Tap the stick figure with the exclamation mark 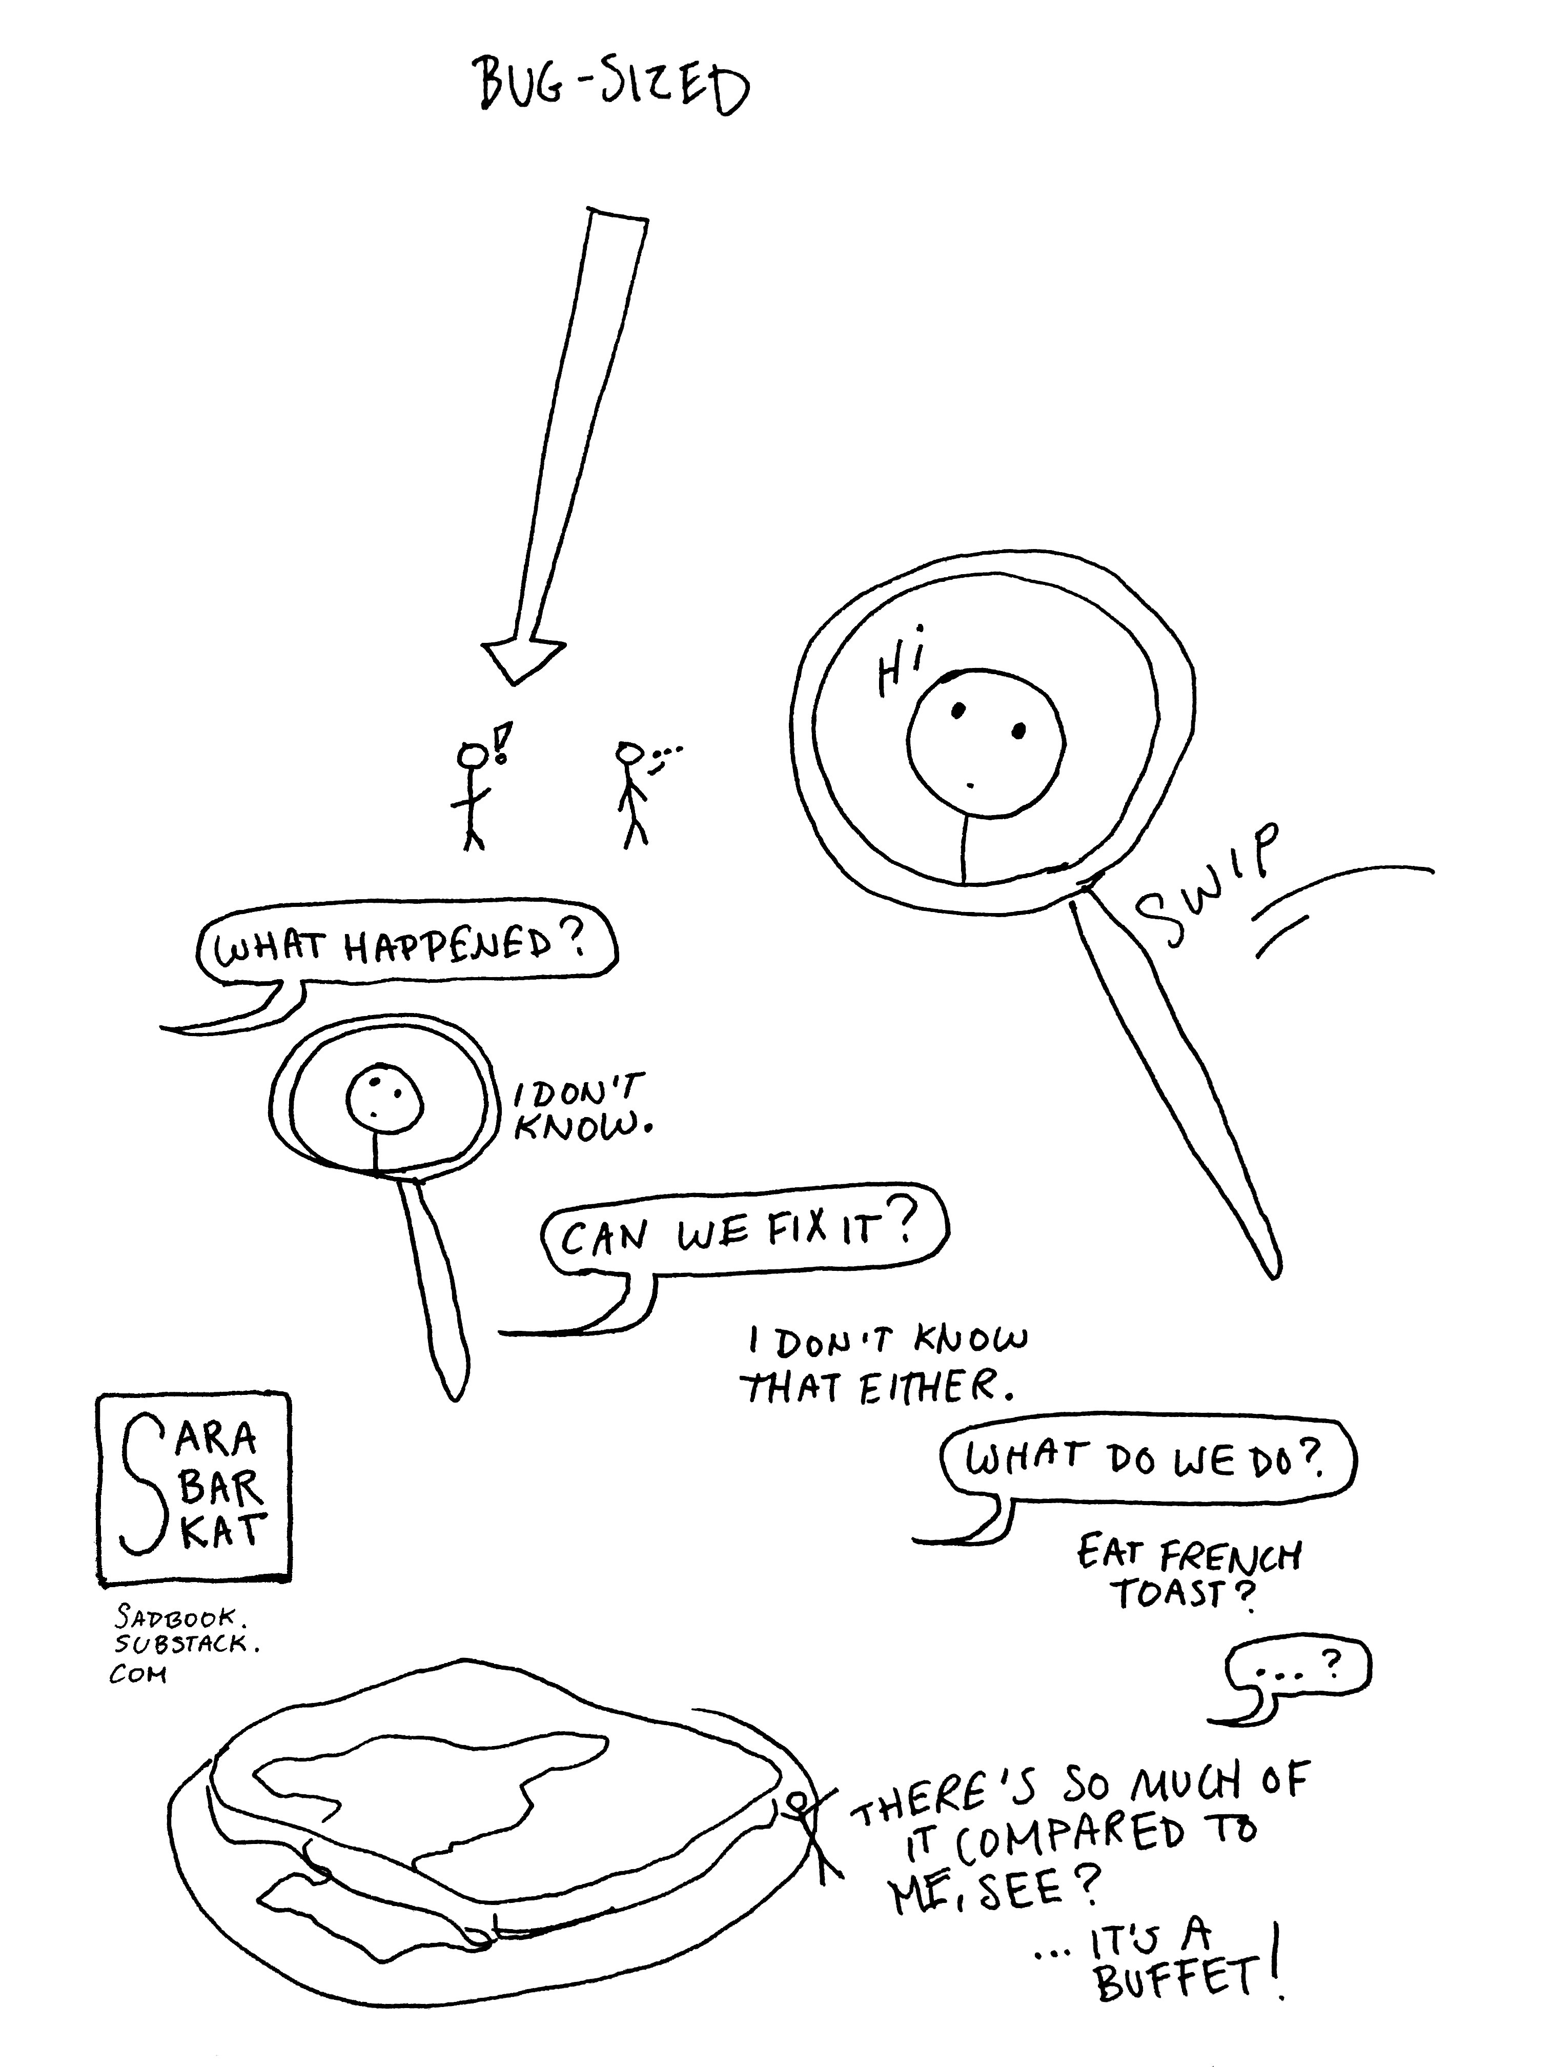(x=474, y=794)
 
